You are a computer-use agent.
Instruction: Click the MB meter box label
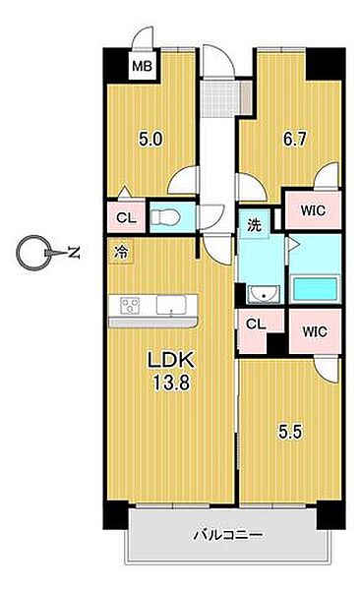[142, 66]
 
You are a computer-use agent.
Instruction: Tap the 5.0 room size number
[150, 140]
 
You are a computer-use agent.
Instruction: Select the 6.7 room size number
[295, 140]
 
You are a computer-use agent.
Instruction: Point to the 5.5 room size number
[290, 432]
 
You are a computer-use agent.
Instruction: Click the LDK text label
[171, 360]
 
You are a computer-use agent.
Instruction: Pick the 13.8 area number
[170, 383]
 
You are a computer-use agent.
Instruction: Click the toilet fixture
[165, 217]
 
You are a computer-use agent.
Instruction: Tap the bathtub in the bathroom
[315, 288]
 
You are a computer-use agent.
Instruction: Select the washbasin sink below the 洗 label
[264, 294]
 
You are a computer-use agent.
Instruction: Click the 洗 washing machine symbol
[254, 225]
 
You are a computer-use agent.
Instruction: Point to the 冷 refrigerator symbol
[121, 251]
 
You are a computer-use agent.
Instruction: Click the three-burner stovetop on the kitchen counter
[130, 305]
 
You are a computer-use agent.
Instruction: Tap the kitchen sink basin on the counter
[171, 305]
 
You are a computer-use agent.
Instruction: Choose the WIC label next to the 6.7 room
[313, 210]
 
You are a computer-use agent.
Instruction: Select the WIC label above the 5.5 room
[315, 331]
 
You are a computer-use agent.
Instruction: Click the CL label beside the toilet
[126, 217]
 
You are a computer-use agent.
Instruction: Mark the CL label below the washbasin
[256, 324]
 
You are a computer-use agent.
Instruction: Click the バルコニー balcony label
[228, 535]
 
